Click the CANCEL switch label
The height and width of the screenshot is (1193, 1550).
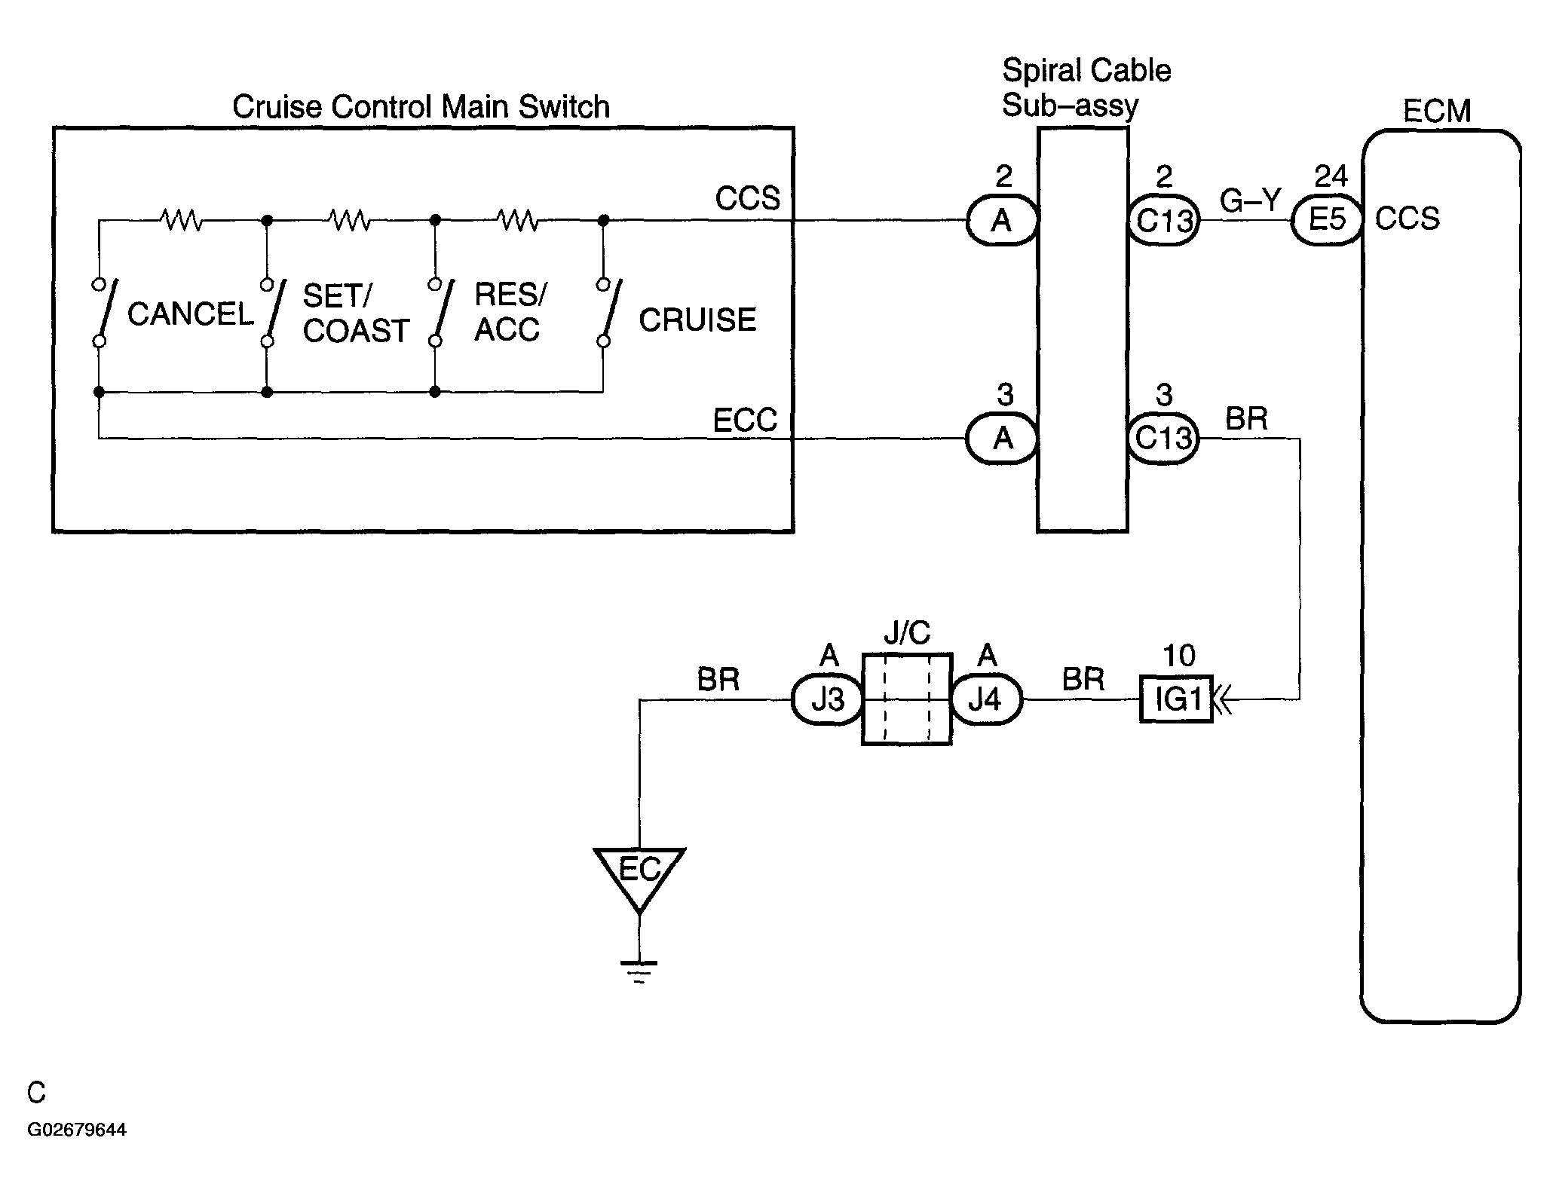coord(190,314)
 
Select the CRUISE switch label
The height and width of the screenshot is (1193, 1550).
coord(697,320)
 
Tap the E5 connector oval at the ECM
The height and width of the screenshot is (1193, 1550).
coord(1327,220)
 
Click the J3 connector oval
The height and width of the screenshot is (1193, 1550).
coord(828,700)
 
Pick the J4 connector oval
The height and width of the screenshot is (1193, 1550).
coord(986,700)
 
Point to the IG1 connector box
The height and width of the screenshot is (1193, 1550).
coord(1176,699)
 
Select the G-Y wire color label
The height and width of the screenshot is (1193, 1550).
coord(1250,200)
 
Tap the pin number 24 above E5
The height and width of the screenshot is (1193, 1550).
coord(1331,176)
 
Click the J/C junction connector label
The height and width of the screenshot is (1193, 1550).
coord(907,633)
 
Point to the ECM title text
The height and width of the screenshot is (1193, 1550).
coord(1437,112)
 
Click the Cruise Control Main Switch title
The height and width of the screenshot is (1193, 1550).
coord(421,107)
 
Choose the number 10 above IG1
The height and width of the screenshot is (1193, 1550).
coord(1179,656)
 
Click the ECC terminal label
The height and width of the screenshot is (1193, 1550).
coord(745,421)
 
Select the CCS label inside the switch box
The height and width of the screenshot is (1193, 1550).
coord(748,199)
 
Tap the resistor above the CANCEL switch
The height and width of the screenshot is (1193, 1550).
coord(181,220)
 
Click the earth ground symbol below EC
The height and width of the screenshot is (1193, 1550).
coord(639,972)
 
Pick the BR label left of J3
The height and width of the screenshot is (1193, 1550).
coord(718,680)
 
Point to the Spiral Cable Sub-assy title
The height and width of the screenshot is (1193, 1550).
coord(1086,87)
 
